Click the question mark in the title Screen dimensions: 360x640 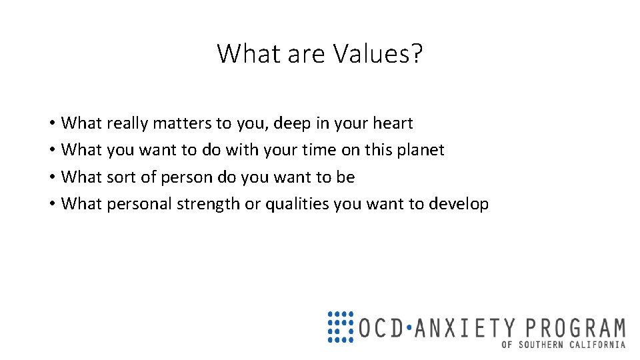pos(417,53)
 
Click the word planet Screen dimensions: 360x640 pos(419,151)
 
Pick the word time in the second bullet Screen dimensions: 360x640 pos(319,150)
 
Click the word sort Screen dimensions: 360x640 pos(121,177)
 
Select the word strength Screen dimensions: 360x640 pos(208,205)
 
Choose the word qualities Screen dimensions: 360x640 pos(297,205)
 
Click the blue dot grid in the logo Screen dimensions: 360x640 pos(340,327)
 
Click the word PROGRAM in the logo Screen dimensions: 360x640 pos(575,328)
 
